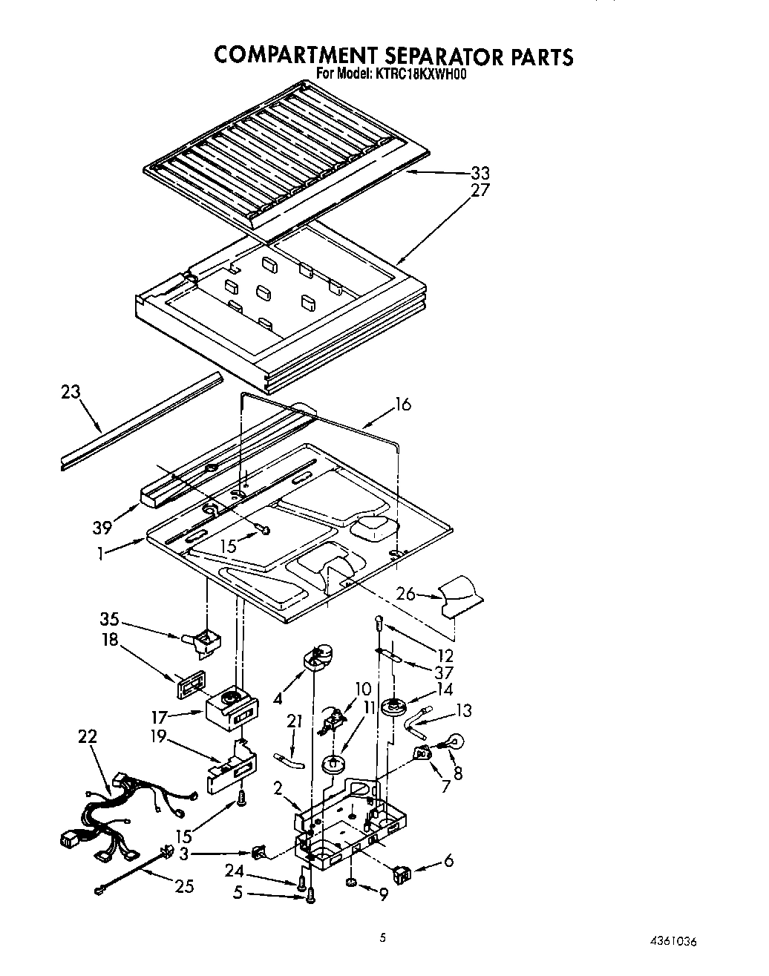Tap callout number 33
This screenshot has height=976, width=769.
point(480,174)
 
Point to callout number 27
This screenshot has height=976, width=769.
point(480,191)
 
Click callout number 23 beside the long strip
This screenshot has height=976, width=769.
point(71,393)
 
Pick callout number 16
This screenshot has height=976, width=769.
point(402,405)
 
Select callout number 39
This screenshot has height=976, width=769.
point(102,528)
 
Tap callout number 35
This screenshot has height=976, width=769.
point(110,620)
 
